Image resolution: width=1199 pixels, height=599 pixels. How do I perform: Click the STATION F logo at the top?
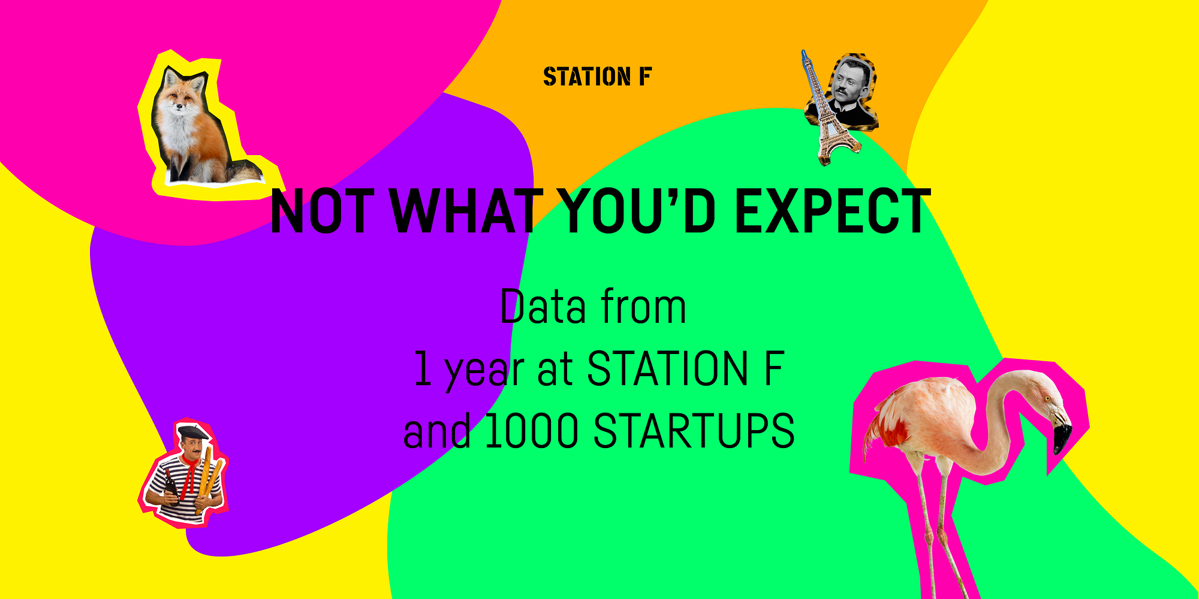pos(597,77)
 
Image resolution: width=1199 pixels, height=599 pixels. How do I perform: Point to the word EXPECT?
pos(833,211)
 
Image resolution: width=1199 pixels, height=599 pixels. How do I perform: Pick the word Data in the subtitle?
pos(543,307)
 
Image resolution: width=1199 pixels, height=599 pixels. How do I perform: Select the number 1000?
pos(531,431)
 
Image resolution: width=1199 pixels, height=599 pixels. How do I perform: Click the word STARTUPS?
pos(694,431)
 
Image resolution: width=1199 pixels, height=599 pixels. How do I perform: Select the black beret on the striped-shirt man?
pos(193,432)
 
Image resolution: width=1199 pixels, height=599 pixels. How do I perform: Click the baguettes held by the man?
pos(209,479)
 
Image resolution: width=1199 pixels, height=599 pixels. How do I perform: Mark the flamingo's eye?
pos(1048,398)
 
